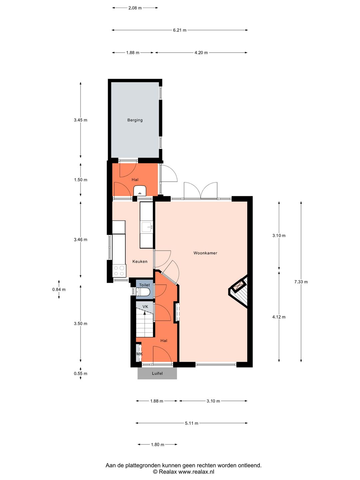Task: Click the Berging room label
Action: coord(135,120)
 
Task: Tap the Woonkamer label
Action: coord(205,253)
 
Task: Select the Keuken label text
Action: coord(140,261)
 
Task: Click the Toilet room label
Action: coord(144,285)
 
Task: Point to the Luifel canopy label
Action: coord(157,373)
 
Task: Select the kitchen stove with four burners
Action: coord(119,271)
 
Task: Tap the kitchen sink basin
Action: coord(146,227)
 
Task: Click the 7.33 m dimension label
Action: coord(301,282)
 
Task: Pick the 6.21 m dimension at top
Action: coord(180,30)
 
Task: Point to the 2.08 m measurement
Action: coord(135,8)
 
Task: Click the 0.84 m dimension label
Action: coord(59,289)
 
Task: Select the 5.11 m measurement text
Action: coord(192,423)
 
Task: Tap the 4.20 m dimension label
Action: coord(201,52)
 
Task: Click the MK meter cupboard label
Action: coord(139,354)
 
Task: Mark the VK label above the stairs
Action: coord(145,307)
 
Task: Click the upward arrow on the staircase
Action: coord(145,313)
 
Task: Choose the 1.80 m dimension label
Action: coord(158,444)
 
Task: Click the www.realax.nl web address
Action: coord(196,472)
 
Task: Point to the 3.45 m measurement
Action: coord(81,120)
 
